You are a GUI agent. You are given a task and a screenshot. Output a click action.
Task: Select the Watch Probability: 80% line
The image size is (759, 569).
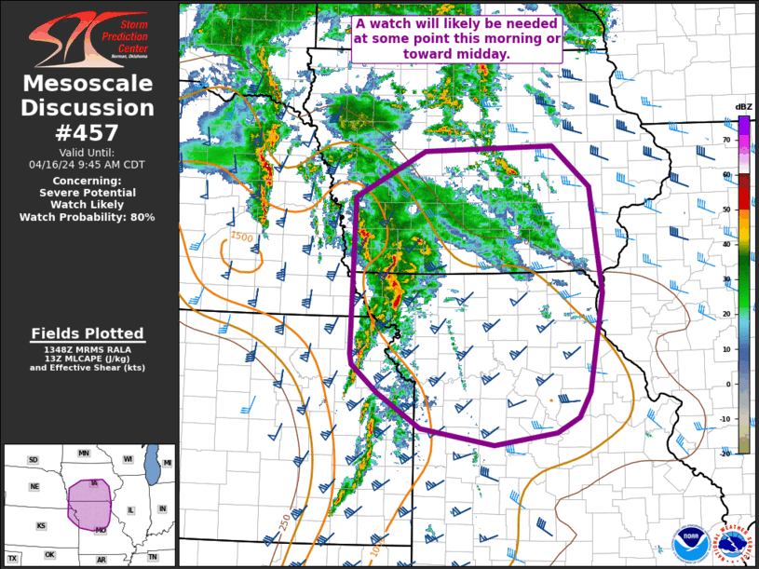88,217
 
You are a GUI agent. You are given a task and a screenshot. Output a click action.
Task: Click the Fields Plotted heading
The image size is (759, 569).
88,333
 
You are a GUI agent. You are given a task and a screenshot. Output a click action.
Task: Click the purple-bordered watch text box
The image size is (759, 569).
456,38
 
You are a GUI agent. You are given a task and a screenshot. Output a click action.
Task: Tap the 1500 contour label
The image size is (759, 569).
241,237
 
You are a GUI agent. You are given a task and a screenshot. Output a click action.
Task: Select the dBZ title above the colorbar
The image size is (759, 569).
743,106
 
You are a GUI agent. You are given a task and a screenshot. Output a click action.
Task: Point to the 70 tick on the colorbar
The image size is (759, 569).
726,140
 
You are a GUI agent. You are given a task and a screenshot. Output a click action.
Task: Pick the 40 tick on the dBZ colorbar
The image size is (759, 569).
726,244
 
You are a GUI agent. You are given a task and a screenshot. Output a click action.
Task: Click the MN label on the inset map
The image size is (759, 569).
84,454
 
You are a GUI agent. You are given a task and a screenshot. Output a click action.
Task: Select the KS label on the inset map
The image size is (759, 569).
41,526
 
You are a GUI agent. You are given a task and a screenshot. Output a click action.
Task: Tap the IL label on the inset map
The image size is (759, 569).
131,510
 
